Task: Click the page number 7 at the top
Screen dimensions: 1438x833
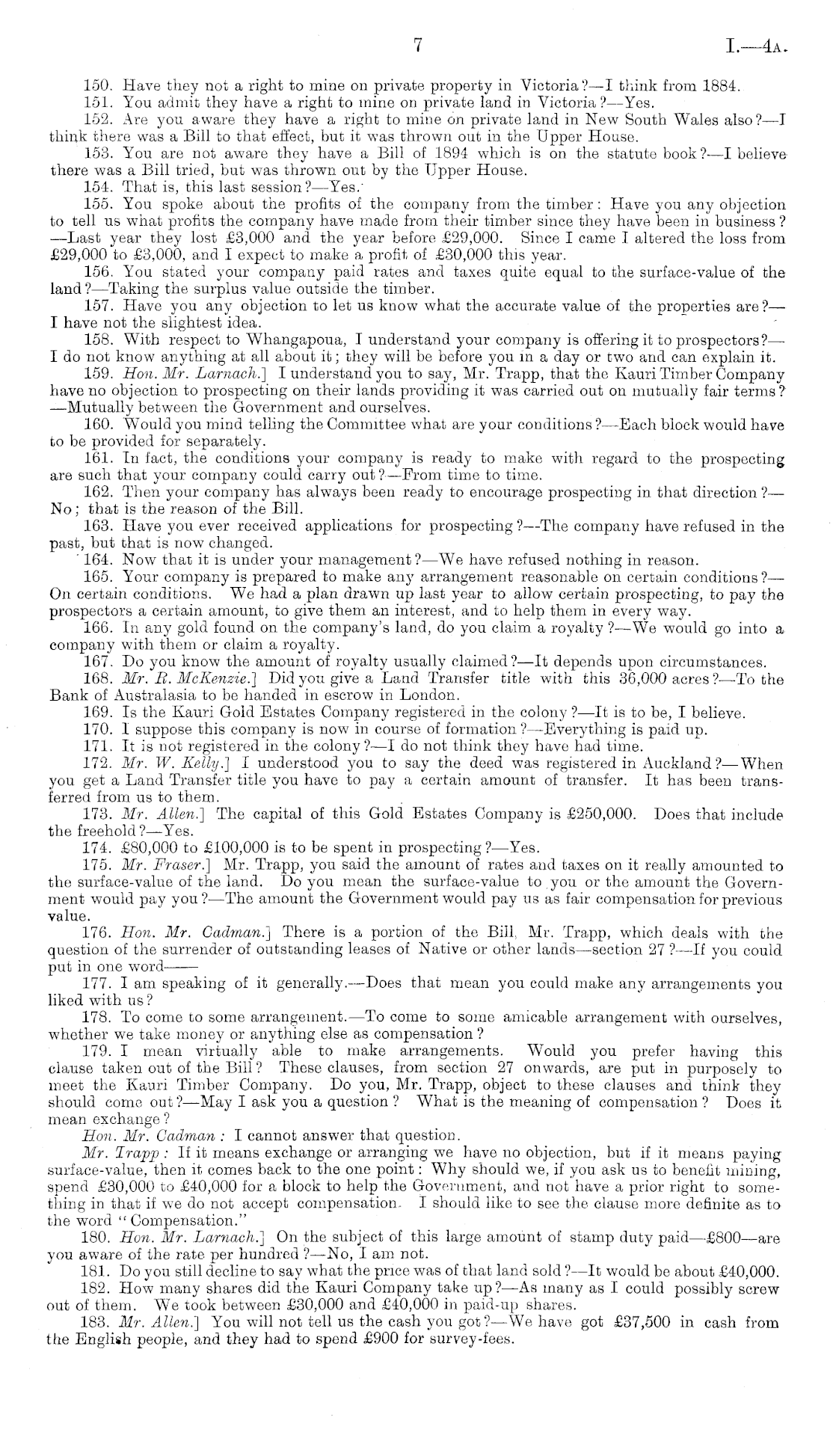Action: [417, 46]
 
